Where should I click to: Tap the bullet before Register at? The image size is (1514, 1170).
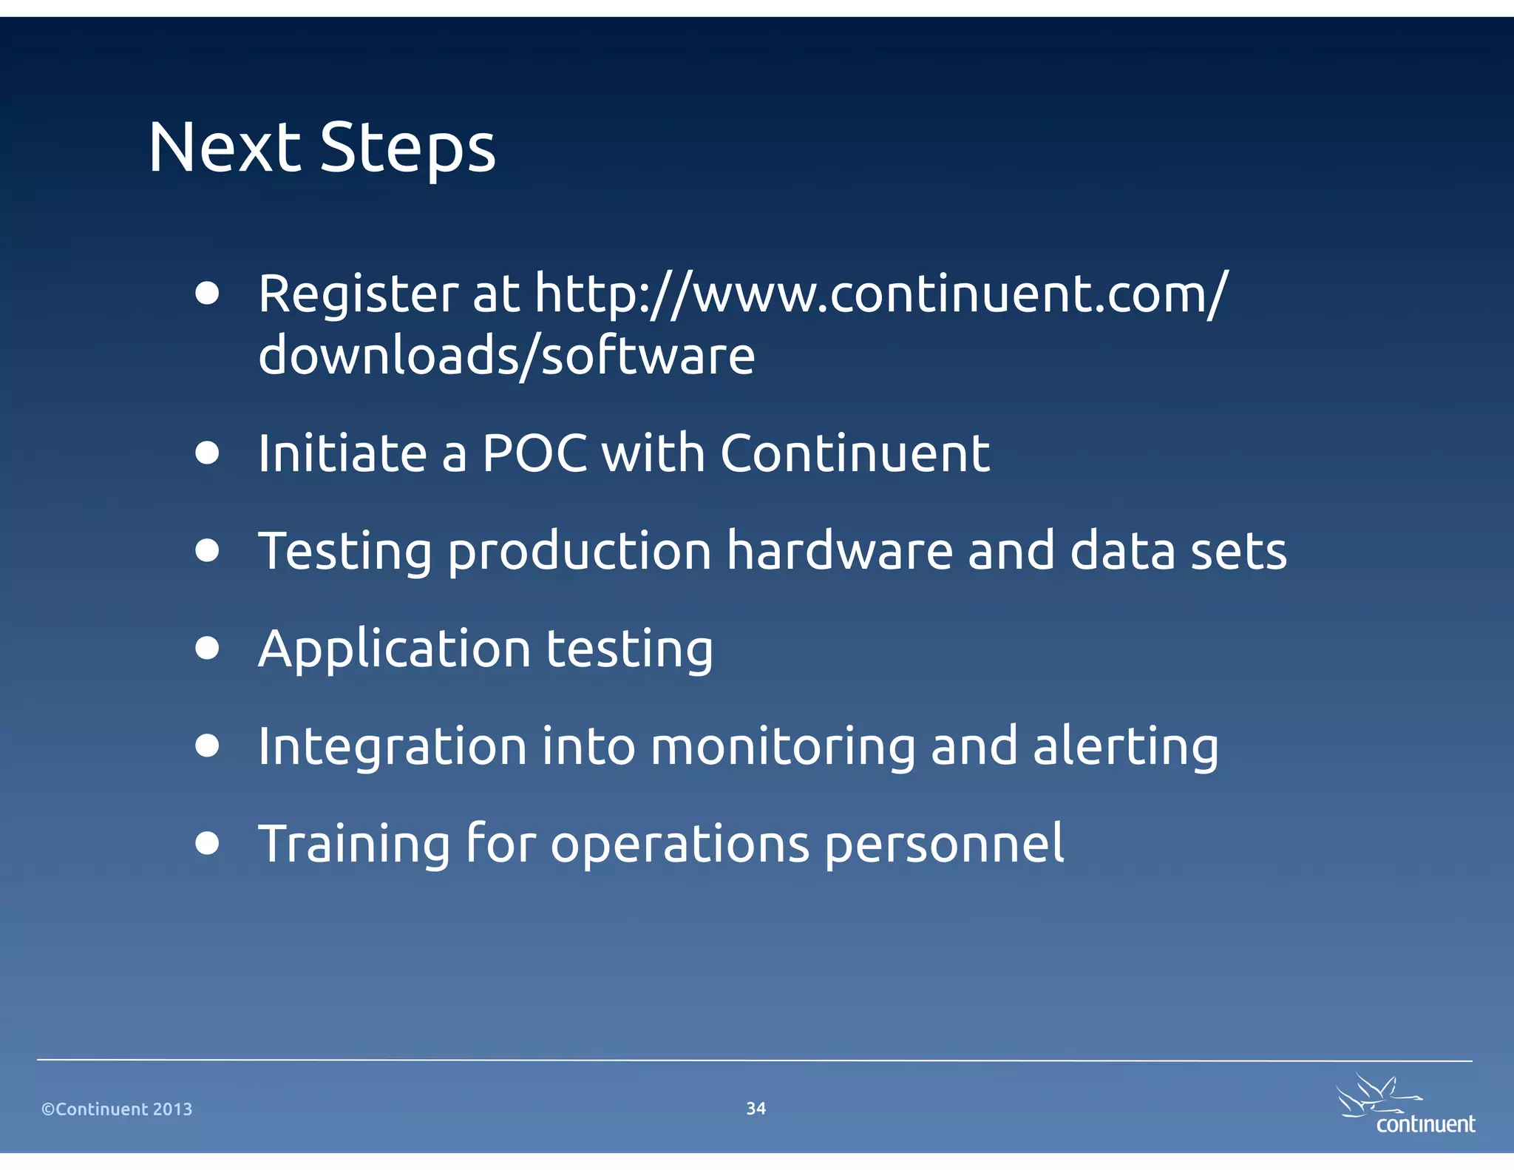click(208, 293)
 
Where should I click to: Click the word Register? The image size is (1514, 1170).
click(359, 294)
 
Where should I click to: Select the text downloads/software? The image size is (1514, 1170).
click(506, 356)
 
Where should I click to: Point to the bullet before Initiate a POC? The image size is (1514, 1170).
click(208, 453)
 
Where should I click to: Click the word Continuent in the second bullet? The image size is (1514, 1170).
click(855, 453)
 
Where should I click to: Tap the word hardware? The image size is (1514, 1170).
click(840, 551)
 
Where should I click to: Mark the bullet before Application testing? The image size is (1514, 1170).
click(208, 648)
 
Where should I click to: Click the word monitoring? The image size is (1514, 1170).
click(783, 747)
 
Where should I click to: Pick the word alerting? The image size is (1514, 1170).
click(1125, 747)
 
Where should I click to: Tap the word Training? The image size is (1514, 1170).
click(354, 845)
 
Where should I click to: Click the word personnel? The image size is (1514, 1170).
click(944, 845)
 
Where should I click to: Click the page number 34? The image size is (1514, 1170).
click(756, 1108)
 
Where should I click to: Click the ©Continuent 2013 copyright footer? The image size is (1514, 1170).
click(117, 1109)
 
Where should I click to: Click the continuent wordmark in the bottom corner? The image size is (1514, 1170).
click(1425, 1124)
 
